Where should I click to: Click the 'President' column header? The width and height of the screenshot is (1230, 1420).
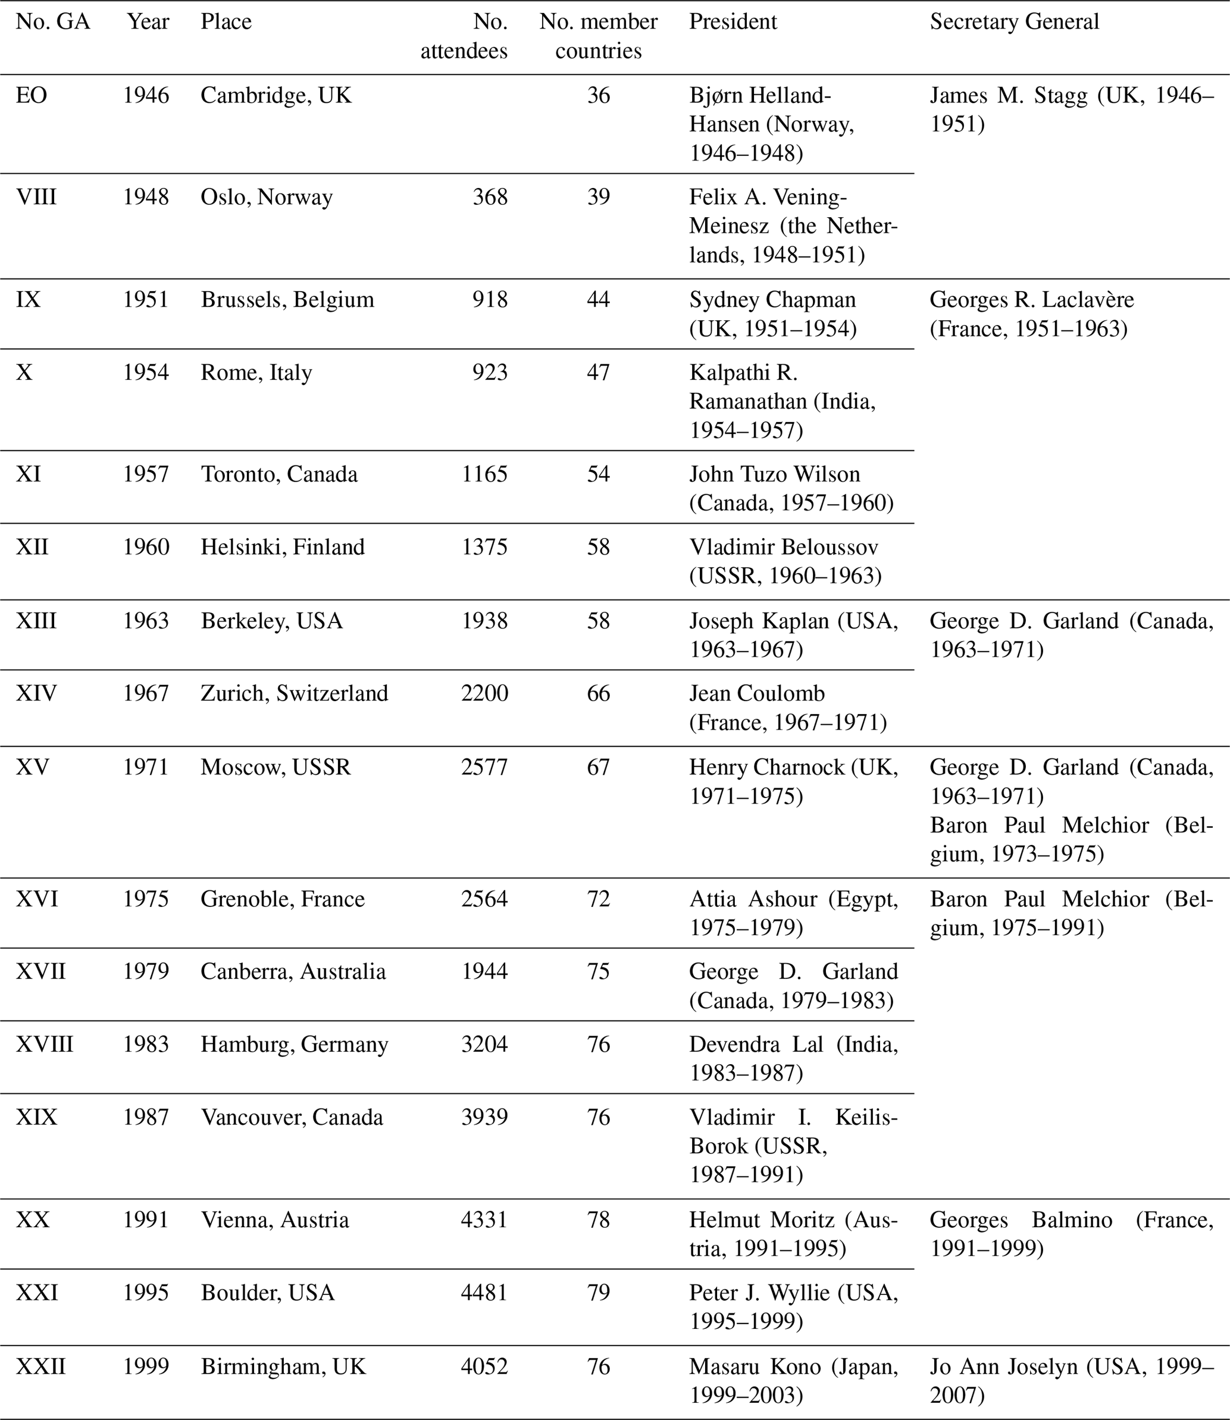733,22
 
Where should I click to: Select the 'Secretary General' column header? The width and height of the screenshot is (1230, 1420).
1014,22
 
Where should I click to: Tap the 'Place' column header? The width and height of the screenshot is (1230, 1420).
226,22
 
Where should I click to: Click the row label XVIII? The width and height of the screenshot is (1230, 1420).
45,1044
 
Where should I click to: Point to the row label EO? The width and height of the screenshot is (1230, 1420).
32,95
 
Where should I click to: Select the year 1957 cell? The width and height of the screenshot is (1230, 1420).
146,474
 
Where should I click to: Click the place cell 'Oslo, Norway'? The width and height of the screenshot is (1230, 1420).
267,197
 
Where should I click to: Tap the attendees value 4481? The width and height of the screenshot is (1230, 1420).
484,1293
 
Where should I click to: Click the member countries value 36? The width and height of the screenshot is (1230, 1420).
598,95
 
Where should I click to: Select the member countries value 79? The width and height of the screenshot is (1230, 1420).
598,1293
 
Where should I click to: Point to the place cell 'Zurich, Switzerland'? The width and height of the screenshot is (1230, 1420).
294,693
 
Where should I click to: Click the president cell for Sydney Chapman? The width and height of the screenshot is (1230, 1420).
773,314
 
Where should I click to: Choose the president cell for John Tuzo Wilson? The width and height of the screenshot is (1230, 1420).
791,489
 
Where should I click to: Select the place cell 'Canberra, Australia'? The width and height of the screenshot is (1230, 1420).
293,971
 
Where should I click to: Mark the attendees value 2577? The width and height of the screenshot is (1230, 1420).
484,767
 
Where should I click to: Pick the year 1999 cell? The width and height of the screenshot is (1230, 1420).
146,1366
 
